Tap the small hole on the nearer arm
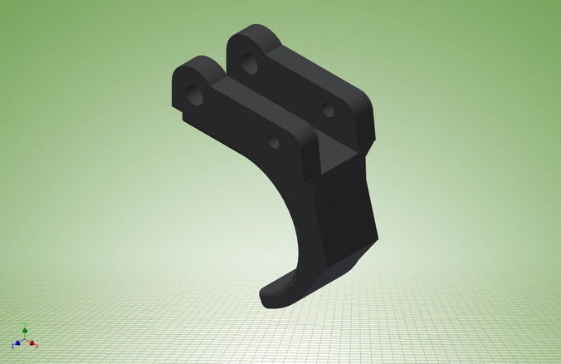[273, 142]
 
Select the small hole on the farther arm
[328, 109]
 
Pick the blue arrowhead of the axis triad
[17, 342]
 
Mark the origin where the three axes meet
[26, 339]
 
